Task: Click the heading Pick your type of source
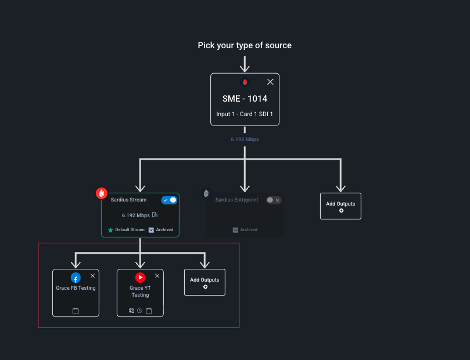point(245,45)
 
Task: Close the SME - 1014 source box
point(270,82)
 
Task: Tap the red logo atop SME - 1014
point(245,82)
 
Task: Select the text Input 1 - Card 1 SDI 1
point(245,114)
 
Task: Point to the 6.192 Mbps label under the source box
point(245,139)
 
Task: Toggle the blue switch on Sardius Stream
point(170,200)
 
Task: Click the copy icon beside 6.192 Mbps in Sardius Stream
point(155,215)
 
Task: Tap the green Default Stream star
point(110,230)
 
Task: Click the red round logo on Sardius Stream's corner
point(102,193)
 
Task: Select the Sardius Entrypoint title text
point(236,200)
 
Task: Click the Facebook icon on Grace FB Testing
point(76,278)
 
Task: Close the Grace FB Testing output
point(92,276)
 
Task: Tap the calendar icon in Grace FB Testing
point(76,311)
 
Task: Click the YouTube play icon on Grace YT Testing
point(140,278)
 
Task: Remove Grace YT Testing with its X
point(157,276)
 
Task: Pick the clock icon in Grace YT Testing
point(139,311)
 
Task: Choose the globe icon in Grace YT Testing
point(131,311)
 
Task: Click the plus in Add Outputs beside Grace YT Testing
point(205,287)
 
